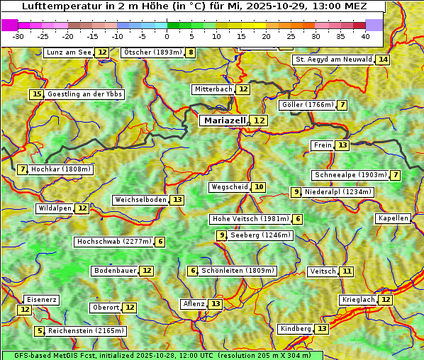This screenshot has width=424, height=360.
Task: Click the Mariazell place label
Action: [225, 120]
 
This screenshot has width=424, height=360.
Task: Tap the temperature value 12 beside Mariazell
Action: [260, 121]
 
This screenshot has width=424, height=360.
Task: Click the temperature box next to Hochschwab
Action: [161, 242]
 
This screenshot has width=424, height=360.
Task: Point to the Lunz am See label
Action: [69, 52]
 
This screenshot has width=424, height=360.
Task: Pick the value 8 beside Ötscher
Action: [190, 52]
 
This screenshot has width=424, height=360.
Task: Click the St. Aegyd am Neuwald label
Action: [333, 60]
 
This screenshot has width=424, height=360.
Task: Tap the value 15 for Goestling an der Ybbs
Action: [37, 94]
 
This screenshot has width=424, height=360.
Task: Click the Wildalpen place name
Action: [55, 208]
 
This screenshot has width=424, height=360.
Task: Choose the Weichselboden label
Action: [140, 200]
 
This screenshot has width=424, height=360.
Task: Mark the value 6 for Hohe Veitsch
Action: [298, 219]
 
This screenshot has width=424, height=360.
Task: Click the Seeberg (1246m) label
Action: [260, 235]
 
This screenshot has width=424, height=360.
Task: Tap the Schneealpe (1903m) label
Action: [350, 175]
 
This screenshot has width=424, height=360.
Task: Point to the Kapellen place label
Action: [393, 218]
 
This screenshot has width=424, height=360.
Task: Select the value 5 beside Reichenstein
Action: [40, 331]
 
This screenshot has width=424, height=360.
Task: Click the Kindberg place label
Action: [295, 329]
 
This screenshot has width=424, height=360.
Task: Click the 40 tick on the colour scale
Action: [365, 36]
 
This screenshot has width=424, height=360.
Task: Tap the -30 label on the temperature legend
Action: [18, 36]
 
